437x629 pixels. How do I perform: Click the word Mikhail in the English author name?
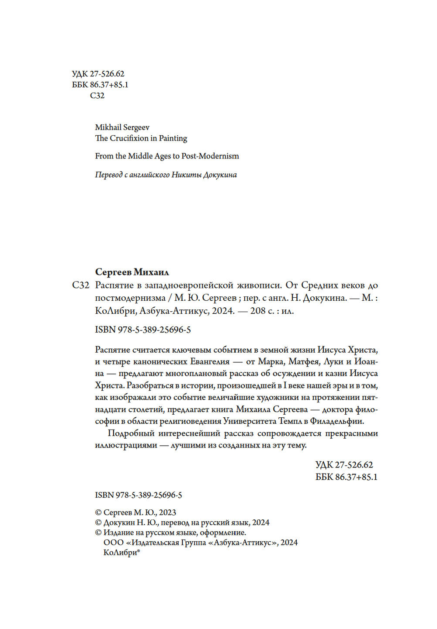108,127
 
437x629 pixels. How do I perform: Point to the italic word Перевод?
109,175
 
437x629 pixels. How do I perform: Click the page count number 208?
258,311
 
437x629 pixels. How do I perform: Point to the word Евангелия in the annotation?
210,362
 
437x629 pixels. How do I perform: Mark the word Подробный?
131,434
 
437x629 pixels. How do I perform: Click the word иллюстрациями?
126,446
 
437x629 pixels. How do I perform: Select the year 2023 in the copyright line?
167,513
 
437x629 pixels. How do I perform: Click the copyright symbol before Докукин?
98,523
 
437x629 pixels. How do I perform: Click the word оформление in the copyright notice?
224,533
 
